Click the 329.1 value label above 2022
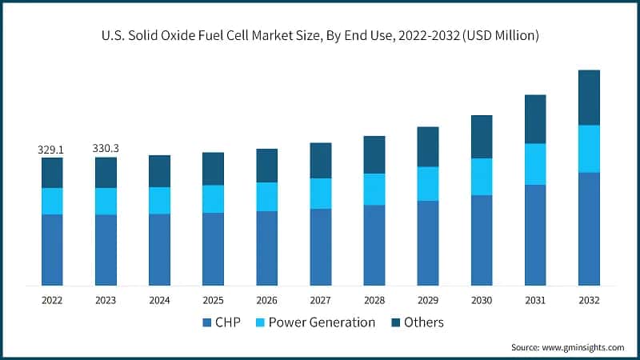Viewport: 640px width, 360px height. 52,149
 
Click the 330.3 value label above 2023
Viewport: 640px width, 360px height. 106,148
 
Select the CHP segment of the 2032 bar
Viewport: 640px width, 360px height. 589,228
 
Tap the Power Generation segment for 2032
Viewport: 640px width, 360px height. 589,148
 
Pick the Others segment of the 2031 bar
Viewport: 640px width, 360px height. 535,118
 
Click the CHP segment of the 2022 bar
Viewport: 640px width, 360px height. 52,250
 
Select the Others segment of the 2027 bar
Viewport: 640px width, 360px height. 320,160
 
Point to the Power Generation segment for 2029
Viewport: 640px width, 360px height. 428,183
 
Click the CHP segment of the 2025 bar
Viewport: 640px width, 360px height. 213,249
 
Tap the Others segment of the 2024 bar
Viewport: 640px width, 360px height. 159,171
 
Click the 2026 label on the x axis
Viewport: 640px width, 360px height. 266,300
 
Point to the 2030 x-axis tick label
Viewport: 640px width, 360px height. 482,300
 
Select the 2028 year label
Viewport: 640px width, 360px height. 374,300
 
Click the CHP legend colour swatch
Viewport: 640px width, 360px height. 208,322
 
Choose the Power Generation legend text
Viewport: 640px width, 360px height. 322,322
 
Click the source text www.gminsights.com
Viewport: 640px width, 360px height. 583,347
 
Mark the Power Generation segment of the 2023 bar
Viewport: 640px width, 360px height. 106,201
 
